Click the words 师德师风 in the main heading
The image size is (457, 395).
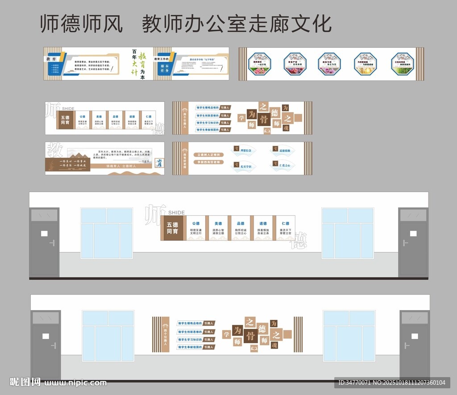[81, 23]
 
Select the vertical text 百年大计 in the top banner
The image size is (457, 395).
[134, 63]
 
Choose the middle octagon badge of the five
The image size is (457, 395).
[329, 63]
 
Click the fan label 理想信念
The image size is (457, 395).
[246, 151]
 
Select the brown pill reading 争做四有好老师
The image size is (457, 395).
[209, 162]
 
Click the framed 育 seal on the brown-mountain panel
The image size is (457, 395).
[158, 163]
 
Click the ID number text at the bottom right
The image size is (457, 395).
[391, 382]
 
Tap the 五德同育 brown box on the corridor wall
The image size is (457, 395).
[173, 228]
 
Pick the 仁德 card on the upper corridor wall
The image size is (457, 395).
[285, 228]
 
